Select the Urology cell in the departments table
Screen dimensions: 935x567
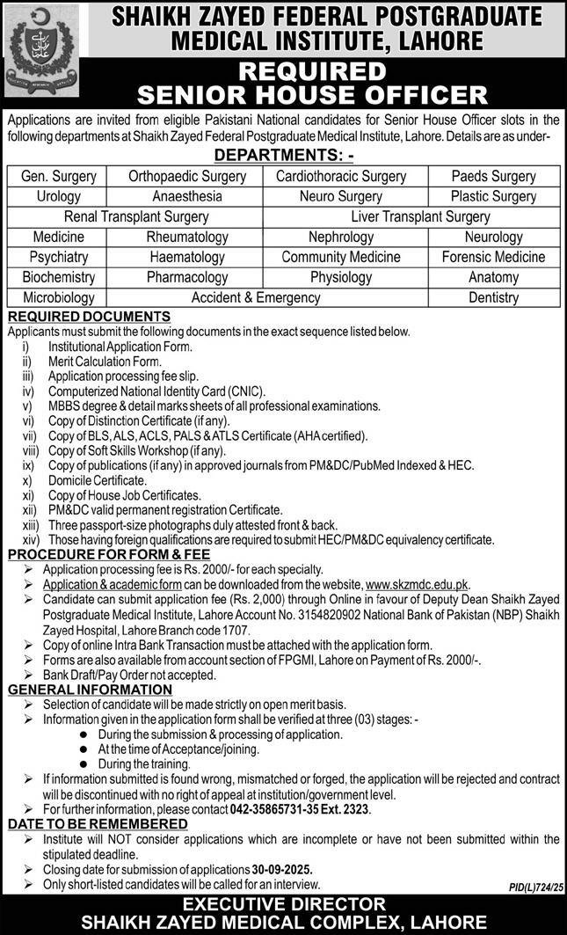click(59, 196)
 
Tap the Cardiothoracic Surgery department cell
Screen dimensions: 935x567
click(341, 176)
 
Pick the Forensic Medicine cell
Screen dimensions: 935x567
click(493, 257)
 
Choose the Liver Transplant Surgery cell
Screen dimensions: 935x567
click(420, 216)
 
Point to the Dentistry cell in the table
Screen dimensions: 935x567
click(493, 297)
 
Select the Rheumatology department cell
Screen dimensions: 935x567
click(187, 237)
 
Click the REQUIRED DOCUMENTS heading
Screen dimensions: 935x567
click(89, 316)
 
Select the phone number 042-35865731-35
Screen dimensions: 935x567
click(280, 808)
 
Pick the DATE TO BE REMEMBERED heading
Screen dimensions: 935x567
click(98, 823)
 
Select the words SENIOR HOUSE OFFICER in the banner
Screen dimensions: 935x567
click(282, 96)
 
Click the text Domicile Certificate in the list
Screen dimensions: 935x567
click(98, 481)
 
